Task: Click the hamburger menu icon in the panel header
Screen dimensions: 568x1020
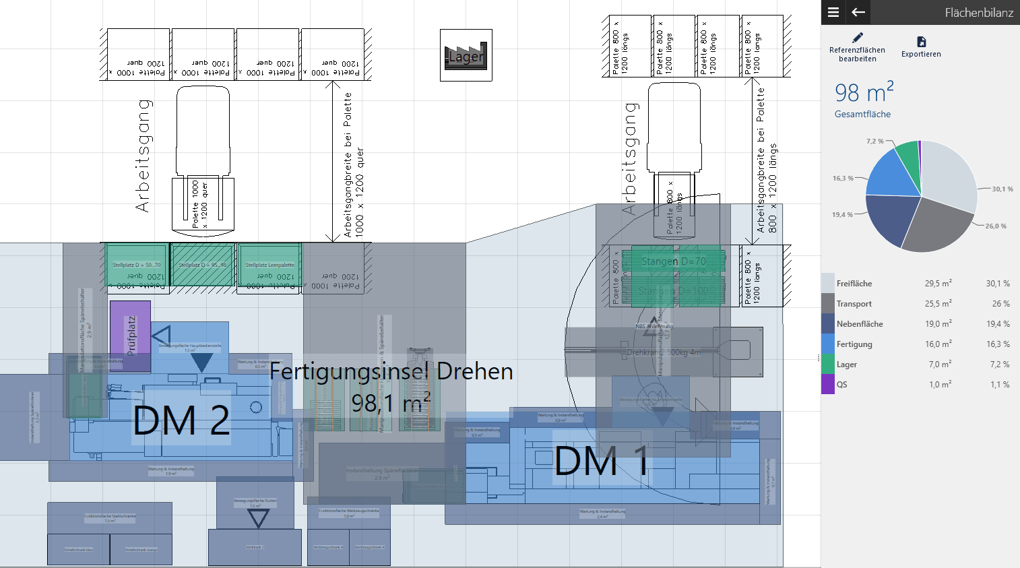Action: pyautogui.click(x=833, y=12)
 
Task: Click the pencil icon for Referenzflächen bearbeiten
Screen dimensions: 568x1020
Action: pyautogui.click(x=857, y=38)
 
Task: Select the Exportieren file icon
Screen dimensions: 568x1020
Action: pyautogui.click(x=921, y=42)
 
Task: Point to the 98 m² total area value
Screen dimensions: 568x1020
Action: pyautogui.click(x=864, y=93)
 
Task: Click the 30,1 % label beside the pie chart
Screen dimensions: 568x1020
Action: pyautogui.click(x=1002, y=189)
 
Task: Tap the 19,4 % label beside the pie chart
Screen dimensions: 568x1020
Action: pyautogui.click(x=841, y=215)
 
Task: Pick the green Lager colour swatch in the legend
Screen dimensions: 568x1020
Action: pyautogui.click(x=828, y=365)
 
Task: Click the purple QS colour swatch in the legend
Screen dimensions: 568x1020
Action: pyautogui.click(x=828, y=385)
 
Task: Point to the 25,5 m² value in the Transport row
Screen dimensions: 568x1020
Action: pyautogui.click(x=938, y=304)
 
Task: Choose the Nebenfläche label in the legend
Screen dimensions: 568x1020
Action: pyautogui.click(x=860, y=324)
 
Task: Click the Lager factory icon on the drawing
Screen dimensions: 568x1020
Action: pyautogui.click(x=466, y=55)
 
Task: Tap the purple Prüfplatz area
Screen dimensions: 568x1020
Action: pyautogui.click(x=131, y=335)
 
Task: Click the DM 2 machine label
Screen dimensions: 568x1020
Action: pyautogui.click(x=181, y=420)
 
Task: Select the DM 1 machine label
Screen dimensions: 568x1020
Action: pyautogui.click(x=602, y=462)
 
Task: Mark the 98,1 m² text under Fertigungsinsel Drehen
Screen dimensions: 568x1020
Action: pyautogui.click(x=391, y=403)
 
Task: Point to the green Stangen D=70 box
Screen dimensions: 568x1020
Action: pyautogui.click(x=673, y=261)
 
